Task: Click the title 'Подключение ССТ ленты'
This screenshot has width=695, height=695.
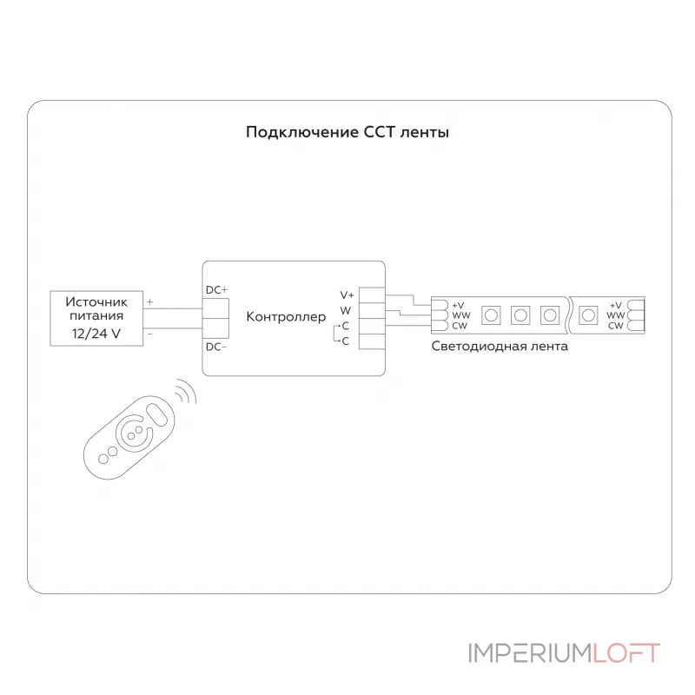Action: pyautogui.click(x=347, y=133)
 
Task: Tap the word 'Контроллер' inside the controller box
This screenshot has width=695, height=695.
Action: pyautogui.click(x=286, y=316)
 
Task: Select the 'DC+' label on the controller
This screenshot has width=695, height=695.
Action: pyautogui.click(x=216, y=290)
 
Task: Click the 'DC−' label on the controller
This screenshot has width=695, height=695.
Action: pyautogui.click(x=216, y=347)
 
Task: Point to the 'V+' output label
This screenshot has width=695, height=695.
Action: pyautogui.click(x=347, y=295)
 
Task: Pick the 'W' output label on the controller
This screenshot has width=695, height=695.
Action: pyautogui.click(x=345, y=310)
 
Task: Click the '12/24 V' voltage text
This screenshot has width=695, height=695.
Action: pyautogui.click(x=96, y=334)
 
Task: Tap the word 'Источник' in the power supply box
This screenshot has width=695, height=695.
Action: pyautogui.click(x=96, y=301)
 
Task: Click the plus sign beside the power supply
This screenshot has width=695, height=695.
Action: pyautogui.click(x=150, y=301)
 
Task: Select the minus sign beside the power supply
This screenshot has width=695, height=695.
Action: pyautogui.click(x=150, y=334)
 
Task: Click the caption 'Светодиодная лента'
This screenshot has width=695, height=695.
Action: pyautogui.click(x=500, y=346)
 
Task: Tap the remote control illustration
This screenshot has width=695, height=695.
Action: pyautogui.click(x=129, y=438)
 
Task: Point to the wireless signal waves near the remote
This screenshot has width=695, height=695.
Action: pyautogui.click(x=186, y=393)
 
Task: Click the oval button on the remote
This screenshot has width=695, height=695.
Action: pyautogui.click(x=156, y=414)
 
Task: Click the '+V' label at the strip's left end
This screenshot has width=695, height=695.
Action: pyautogui.click(x=458, y=306)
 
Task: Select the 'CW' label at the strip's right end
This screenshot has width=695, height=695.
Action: pyautogui.click(x=616, y=326)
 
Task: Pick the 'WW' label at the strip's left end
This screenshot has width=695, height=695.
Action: pyautogui.click(x=461, y=315)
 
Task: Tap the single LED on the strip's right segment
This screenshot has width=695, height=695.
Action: pyautogui.click(x=588, y=315)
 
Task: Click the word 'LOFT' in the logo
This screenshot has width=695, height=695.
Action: pyautogui.click(x=626, y=653)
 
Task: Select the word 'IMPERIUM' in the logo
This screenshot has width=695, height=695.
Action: pyautogui.click(x=531, y=653)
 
